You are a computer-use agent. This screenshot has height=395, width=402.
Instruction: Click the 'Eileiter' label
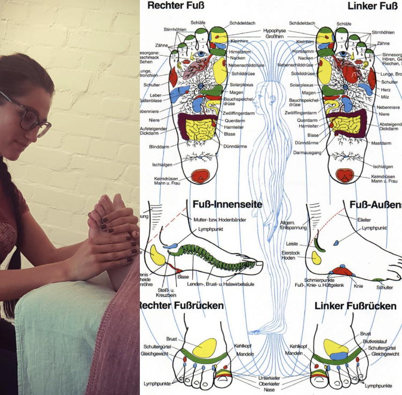(x=364, y=219)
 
